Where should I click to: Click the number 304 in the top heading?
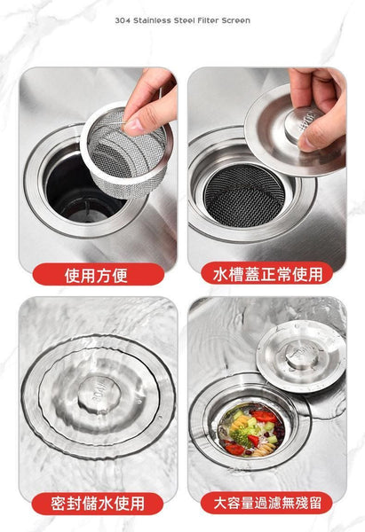pyautogui.click(x=123, y=20)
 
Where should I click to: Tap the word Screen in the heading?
pyautogui.click(x=234, y=20)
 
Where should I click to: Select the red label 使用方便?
pyautogui.click(x=97, y=275)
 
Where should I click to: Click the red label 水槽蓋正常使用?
pyautogui.click(x=267, y=274)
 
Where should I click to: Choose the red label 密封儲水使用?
pyautogui.click(x=97, y=504)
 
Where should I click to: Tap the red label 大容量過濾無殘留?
pyautogui.click(x=267, y=504)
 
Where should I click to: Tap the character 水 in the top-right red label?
pyautogui.click(x=219, y=274)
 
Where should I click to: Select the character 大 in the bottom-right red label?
pyautogui.click(x=211, y=504)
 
